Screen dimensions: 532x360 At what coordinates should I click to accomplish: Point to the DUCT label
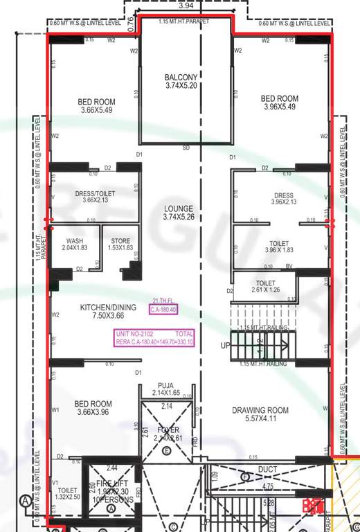click(x=267, y=470)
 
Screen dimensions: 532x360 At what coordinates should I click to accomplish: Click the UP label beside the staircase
click(x=225, y=345)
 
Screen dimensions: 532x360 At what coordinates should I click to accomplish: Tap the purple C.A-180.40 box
click(x=163, y=309)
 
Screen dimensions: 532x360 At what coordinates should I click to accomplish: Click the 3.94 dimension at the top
click(x=186, y=6)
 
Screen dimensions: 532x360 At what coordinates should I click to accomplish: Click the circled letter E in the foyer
click(x=166, y=450)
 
